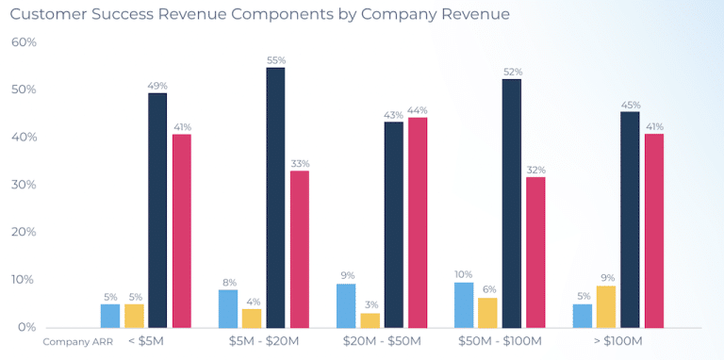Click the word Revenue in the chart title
pos(220,14)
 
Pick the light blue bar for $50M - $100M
pos(464,304)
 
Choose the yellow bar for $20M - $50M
pos(370,319)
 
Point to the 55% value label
pos(275,59)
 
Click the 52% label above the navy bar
pos(512,72)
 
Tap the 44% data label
pos(417,109)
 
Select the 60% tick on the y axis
pos(24,42)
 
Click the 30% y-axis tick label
pos(24,185)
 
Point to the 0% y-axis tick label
pos(26,327)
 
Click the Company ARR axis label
pos(73,341)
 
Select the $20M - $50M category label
pos(381,340)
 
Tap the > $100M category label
pos(617,340)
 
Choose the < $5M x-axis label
pos(146,340)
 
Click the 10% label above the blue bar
pos(464,274)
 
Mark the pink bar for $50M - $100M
pos(535,252)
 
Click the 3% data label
pos(370,305)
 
